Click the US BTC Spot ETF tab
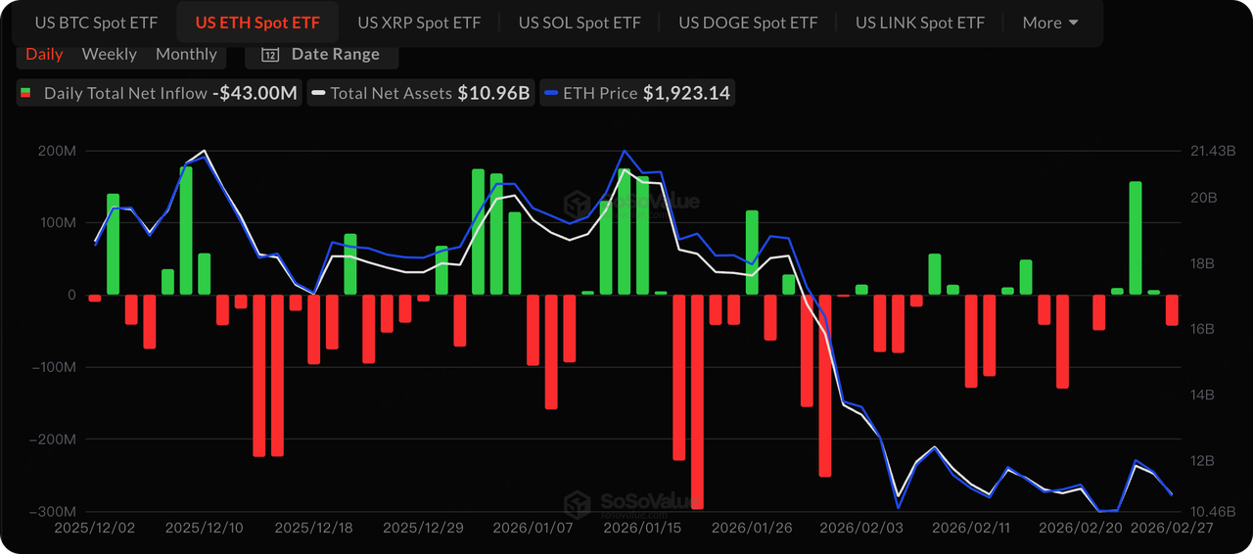[x=96, y=23]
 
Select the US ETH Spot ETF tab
[x=257, y=23]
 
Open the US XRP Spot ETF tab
[x=418, y=23]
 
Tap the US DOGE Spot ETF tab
[x=748, y=23]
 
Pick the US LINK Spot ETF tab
[x=920, y=23]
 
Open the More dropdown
[x=1050, y=23]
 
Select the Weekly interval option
[x=109, y=54]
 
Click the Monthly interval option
[x=186, y=54]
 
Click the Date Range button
[x=321, y=54]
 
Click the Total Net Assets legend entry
[x=421, y=93]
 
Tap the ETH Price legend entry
[x=637, y=93]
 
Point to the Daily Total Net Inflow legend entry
[x=158, y=93]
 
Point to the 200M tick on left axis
[x=57, y=151]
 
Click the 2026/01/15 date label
[x=641, y=528]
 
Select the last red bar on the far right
[x=1172, y=309]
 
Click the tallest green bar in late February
[x=1136, y=238]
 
